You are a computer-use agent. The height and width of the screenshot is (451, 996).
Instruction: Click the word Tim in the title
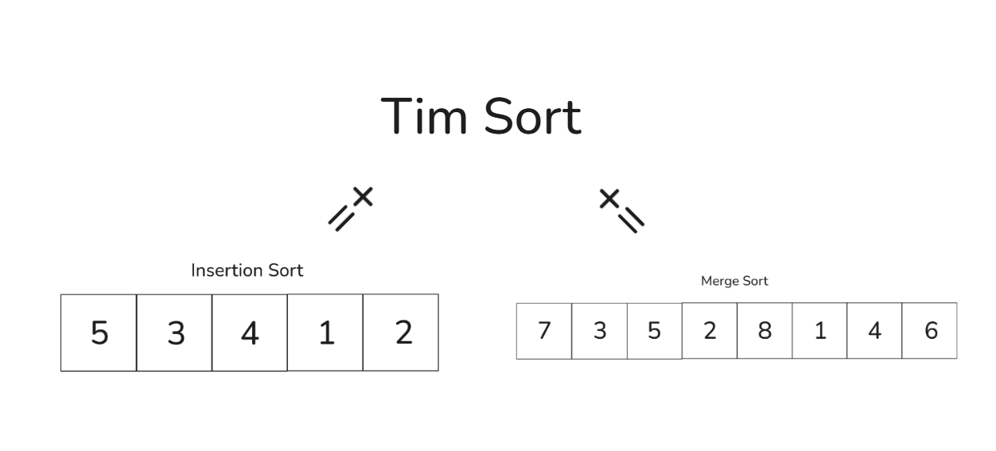coord(428,117)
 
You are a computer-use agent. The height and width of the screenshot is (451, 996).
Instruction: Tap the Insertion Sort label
coord(247,270)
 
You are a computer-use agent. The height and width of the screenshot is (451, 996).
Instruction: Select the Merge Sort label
coord(734,282)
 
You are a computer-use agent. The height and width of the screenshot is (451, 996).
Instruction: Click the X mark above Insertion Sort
coord(363,196)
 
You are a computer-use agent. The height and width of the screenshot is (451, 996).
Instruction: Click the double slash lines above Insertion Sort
coord(341,217)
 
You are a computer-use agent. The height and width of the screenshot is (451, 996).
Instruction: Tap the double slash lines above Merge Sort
coord(632,220)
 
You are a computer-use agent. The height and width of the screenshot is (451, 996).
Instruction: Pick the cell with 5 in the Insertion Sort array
coord(99,332)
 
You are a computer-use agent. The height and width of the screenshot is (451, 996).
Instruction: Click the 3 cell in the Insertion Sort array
coord(174,332)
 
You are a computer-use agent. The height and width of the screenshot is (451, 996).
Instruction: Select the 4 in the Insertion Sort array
coord(250,332)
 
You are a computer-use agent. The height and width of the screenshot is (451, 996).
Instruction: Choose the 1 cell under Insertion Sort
coord(325,332)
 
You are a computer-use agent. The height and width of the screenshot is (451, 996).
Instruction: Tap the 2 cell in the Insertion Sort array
coord(401,332)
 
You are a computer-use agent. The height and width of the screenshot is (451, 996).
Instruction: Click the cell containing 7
coord(544,330)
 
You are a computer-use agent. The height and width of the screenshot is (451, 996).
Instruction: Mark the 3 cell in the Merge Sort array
coord(599,330)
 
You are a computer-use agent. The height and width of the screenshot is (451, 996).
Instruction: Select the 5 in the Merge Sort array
coord(654,330)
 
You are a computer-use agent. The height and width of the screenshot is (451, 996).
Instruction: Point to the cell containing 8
coord(765,330)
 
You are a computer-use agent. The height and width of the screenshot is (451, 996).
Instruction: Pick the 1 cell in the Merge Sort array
coord(819,330)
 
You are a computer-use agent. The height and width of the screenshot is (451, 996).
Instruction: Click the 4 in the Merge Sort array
coord(874,330)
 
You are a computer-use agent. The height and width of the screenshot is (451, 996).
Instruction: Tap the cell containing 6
coord(930,330)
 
